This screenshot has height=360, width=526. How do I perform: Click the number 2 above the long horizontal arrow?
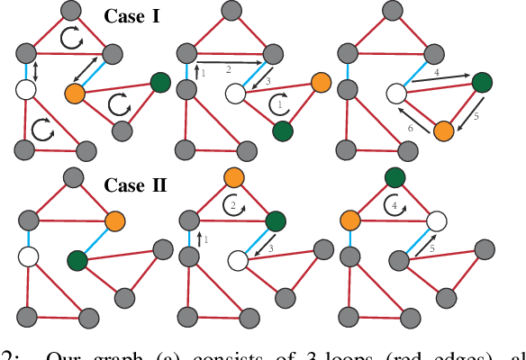(x=228, y=69)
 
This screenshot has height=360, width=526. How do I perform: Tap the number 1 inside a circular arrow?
(x=280, y=105)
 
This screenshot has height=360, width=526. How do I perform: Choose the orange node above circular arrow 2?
(x=234, y=176)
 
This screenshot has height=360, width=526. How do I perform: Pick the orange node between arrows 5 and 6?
(x=442, y=130)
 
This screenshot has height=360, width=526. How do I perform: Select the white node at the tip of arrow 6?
(x=394, y=92)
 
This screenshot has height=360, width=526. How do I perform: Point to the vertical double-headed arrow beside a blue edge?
(x=34, y=69)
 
